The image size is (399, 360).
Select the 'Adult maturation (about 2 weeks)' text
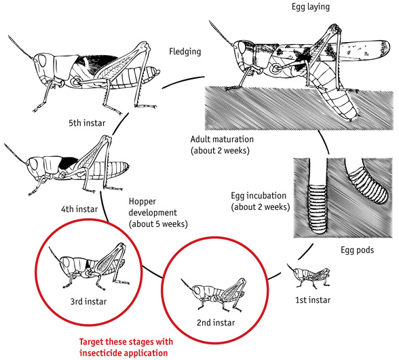[223, 143]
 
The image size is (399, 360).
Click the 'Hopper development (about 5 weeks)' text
[157, 212]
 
